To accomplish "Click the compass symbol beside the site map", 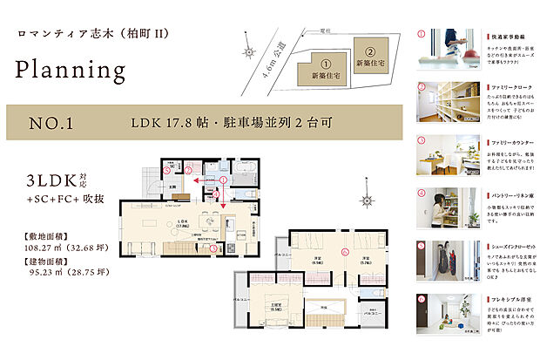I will [x=251, y=51].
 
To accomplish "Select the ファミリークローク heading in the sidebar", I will [x=510, y=87].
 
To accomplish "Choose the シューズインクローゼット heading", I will [x=512, y=246].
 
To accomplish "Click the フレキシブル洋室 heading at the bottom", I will [x=509, y=299].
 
